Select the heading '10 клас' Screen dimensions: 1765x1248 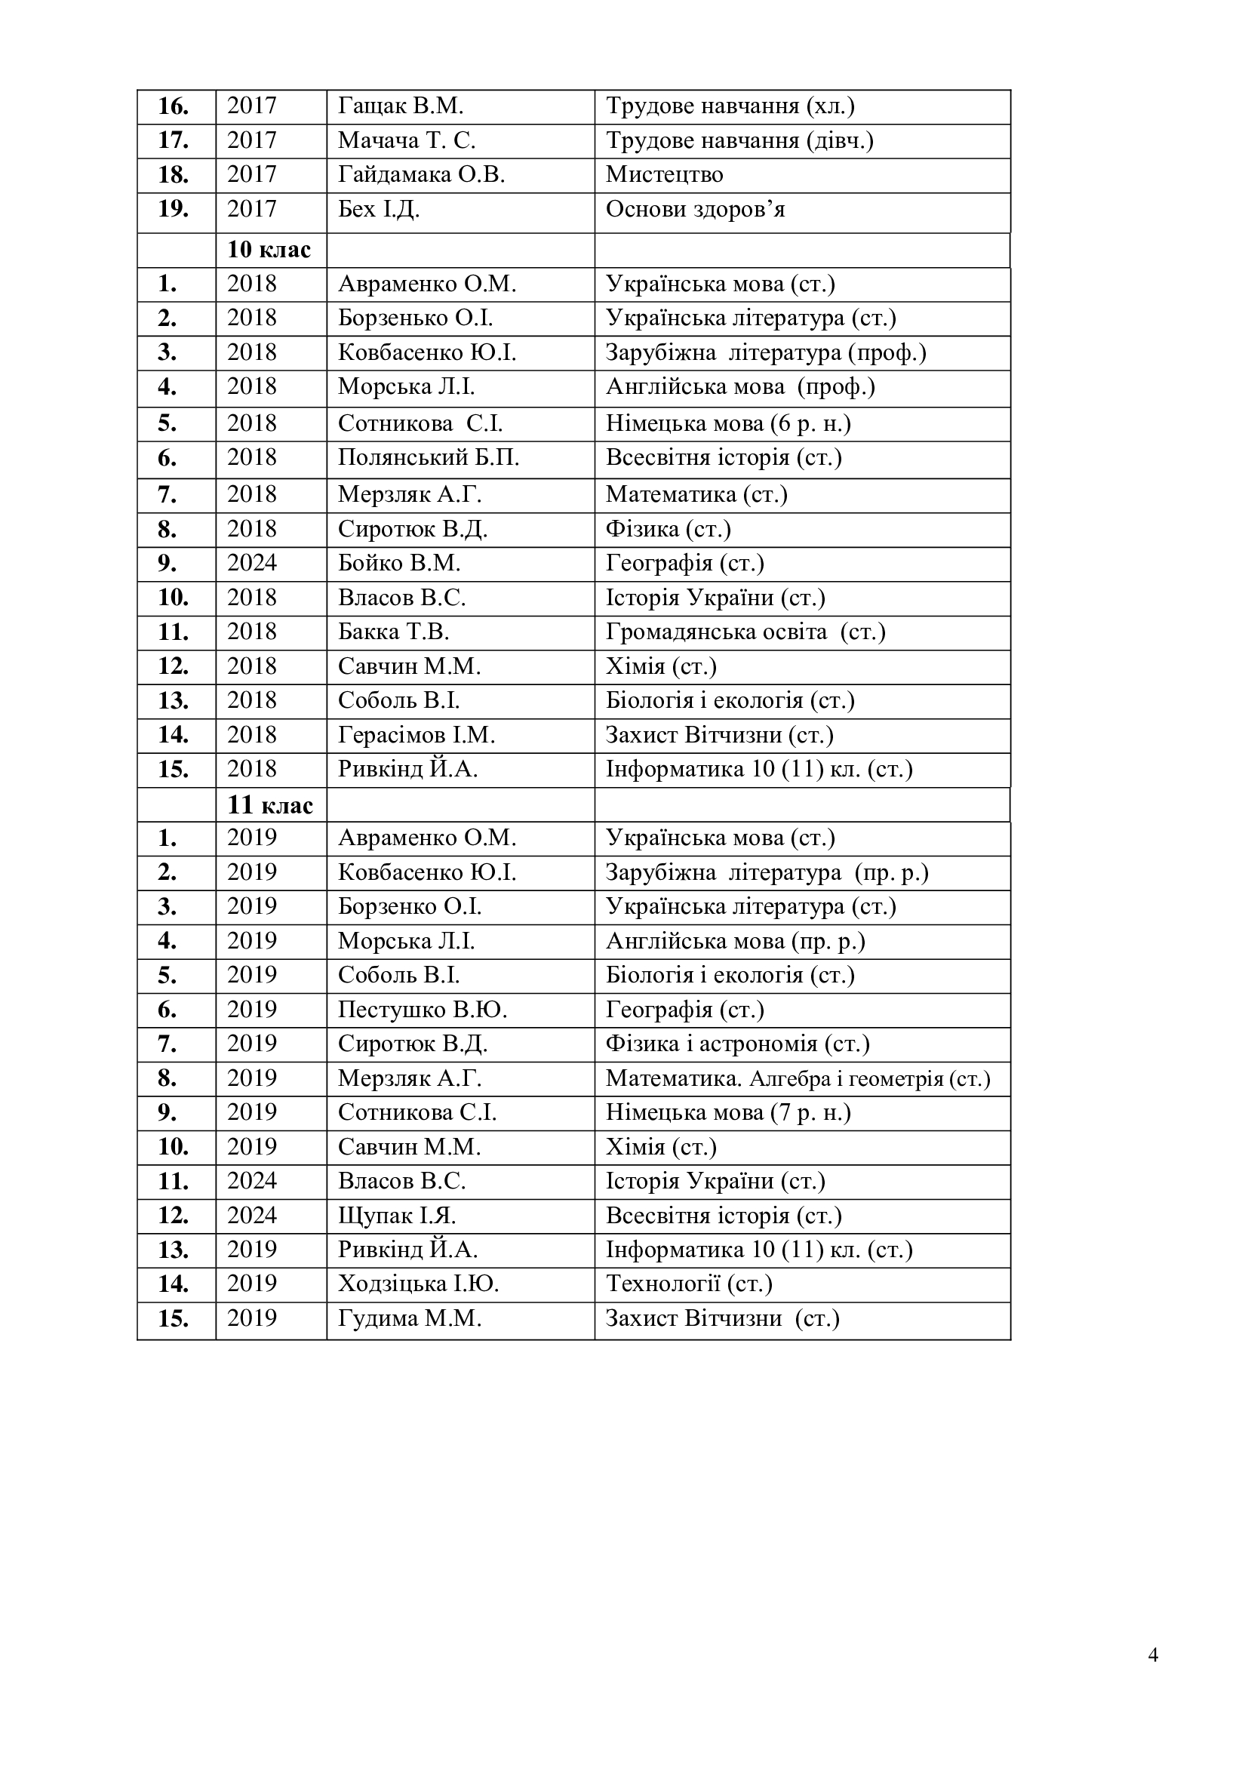pyautogui.click(x=269, y=250)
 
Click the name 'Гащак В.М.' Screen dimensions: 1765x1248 pyautogui.click(x=401, y=106)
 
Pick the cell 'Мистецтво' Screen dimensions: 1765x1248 pyautogui.click(x=664, y=174)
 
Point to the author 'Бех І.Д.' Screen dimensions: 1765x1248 pyautogui.click(x=378, y=209)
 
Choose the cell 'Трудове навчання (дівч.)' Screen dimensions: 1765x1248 pyautogui.click(x=739, y=140)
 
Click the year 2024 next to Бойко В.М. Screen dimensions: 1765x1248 pyautogui.click(x=251, y=564)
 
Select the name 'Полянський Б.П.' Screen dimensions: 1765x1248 pyautogui.click(x=428, y=458)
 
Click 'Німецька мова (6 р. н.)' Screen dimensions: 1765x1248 pyautogui.click(x=727, y=423)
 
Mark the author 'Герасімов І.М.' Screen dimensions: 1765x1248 pyautogui.click(x=416, y=736)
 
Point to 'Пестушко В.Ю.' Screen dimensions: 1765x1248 pyautogui.click(x=422, y=1010)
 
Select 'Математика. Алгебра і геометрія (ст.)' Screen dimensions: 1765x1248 pyautogui.click(x=798, y=1078)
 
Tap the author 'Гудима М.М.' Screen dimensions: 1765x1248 pyautogui.click(x=409, y=1319)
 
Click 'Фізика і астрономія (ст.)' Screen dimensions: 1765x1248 pyautogui.click(x=737, y=1044)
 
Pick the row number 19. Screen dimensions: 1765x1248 pyautogui.click(x=173, y=209)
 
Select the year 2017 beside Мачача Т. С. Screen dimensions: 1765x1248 pyautogui.click(x=251, y=140)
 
